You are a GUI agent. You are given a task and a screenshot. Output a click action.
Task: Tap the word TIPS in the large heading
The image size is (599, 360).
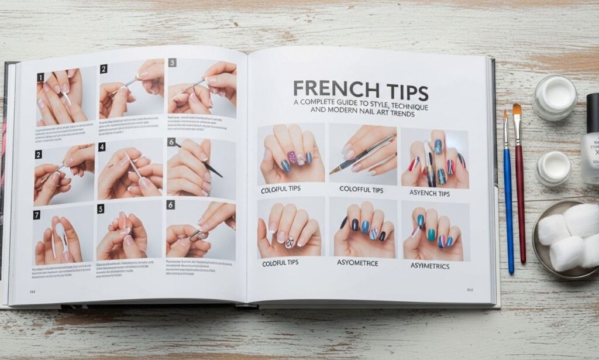399,91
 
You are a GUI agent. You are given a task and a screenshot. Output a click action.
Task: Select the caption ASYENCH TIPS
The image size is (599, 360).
429,193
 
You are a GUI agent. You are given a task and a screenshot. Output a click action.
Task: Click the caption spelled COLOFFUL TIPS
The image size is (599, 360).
361,190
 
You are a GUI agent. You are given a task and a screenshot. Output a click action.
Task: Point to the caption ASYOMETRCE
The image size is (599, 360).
357,263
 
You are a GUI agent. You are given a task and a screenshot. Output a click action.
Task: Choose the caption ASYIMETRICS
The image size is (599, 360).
429,266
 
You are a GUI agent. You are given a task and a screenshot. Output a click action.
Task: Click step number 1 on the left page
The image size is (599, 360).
40,77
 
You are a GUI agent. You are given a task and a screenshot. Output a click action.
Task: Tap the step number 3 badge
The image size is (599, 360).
172,62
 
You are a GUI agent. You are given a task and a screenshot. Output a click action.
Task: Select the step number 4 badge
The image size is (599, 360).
102,148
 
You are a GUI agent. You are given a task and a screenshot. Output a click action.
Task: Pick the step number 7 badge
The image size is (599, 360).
37,215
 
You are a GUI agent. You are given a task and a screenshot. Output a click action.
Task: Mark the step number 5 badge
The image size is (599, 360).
101,208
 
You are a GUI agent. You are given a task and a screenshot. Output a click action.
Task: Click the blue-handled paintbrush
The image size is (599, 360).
508,193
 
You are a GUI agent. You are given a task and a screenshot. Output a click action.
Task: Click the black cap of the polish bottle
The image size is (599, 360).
593,111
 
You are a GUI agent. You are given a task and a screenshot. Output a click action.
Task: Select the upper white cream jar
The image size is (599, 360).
554,97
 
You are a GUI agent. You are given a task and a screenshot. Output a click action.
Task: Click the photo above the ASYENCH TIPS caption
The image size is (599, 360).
434,158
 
